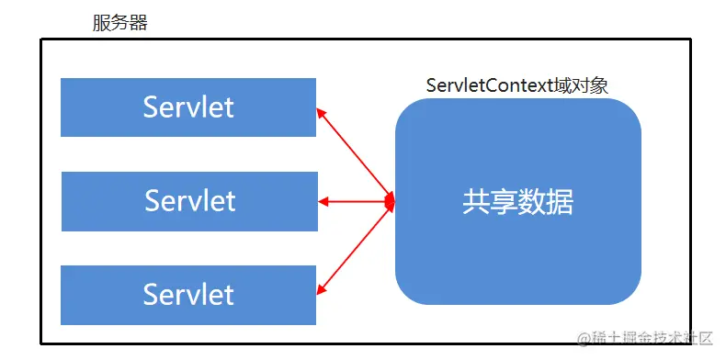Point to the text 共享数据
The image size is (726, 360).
517,202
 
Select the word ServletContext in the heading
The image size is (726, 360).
488,85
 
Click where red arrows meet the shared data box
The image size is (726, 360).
391,200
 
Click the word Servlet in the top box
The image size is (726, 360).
188,107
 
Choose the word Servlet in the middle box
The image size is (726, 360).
190,201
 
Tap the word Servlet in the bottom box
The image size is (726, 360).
188,295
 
